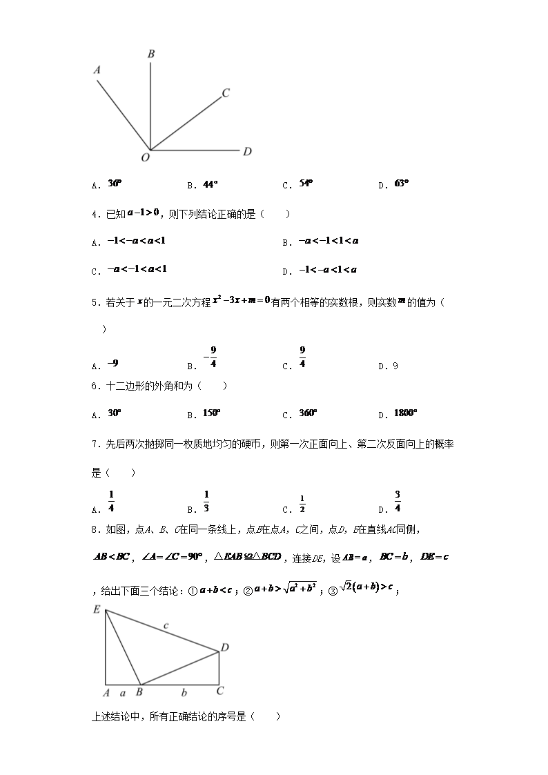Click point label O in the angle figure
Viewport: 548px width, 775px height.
[146, 158]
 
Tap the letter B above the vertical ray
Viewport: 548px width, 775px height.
[150, 54]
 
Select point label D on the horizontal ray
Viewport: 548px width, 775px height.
[247, 151]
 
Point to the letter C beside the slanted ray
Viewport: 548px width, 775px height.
[226, 93]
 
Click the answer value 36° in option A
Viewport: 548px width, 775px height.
[115, 184]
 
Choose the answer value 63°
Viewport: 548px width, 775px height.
[402, 184]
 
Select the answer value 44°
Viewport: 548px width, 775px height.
[211, 184]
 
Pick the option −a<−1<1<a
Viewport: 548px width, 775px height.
[329, 241]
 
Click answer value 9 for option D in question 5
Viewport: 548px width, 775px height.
[395, 366]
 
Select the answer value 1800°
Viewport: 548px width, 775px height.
[406, 413]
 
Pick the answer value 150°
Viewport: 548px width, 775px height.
[211, 413]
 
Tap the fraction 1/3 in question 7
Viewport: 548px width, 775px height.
[206, 501]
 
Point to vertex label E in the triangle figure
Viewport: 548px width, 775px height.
[97, 609]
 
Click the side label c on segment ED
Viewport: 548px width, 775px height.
[166, 625]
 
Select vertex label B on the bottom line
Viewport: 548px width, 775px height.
[139, 691]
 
